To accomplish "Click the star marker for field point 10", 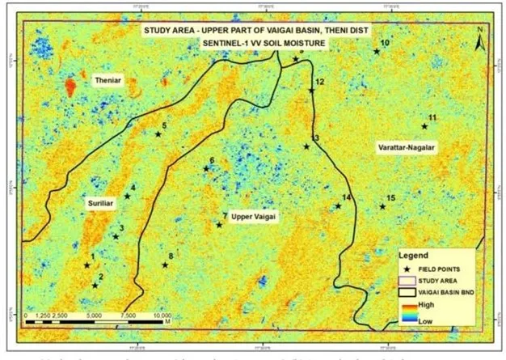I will (x=377, y=51).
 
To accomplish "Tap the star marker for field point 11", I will (x=424, y=125).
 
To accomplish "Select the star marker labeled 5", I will (x=158, y=133).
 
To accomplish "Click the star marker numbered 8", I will (x=165, y=265).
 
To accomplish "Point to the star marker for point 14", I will (x=338, y=205).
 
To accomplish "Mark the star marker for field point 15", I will (x=382, y=206).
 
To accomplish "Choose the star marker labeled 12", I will (x=311, y=90).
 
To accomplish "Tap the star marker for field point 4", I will (x=127, y=196).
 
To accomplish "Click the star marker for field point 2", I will (x=95, y=285).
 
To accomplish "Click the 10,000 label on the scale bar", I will (x=162, y=316).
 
